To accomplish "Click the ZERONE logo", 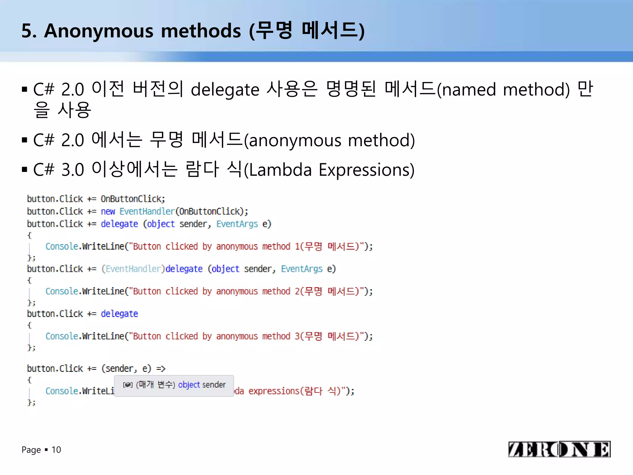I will click(559, 449).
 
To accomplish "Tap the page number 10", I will click(56, 450).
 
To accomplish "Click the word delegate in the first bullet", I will click(225, 90).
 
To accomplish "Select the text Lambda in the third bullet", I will click(280, 170).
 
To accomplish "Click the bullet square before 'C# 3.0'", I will click(25, 169).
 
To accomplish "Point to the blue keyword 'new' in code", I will click(108, 212).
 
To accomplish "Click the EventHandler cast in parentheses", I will click(133, 269).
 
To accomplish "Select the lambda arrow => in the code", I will click(161, 369).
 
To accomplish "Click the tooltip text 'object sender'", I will click(202, 385).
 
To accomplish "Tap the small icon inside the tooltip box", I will click(128, 385).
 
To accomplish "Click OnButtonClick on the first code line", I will click(133, 199).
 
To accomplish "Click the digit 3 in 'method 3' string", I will click(297, 336).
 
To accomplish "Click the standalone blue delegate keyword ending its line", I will click(119, 314).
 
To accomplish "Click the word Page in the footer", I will click(31, 450).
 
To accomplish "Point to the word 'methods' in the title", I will click(201, 31).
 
